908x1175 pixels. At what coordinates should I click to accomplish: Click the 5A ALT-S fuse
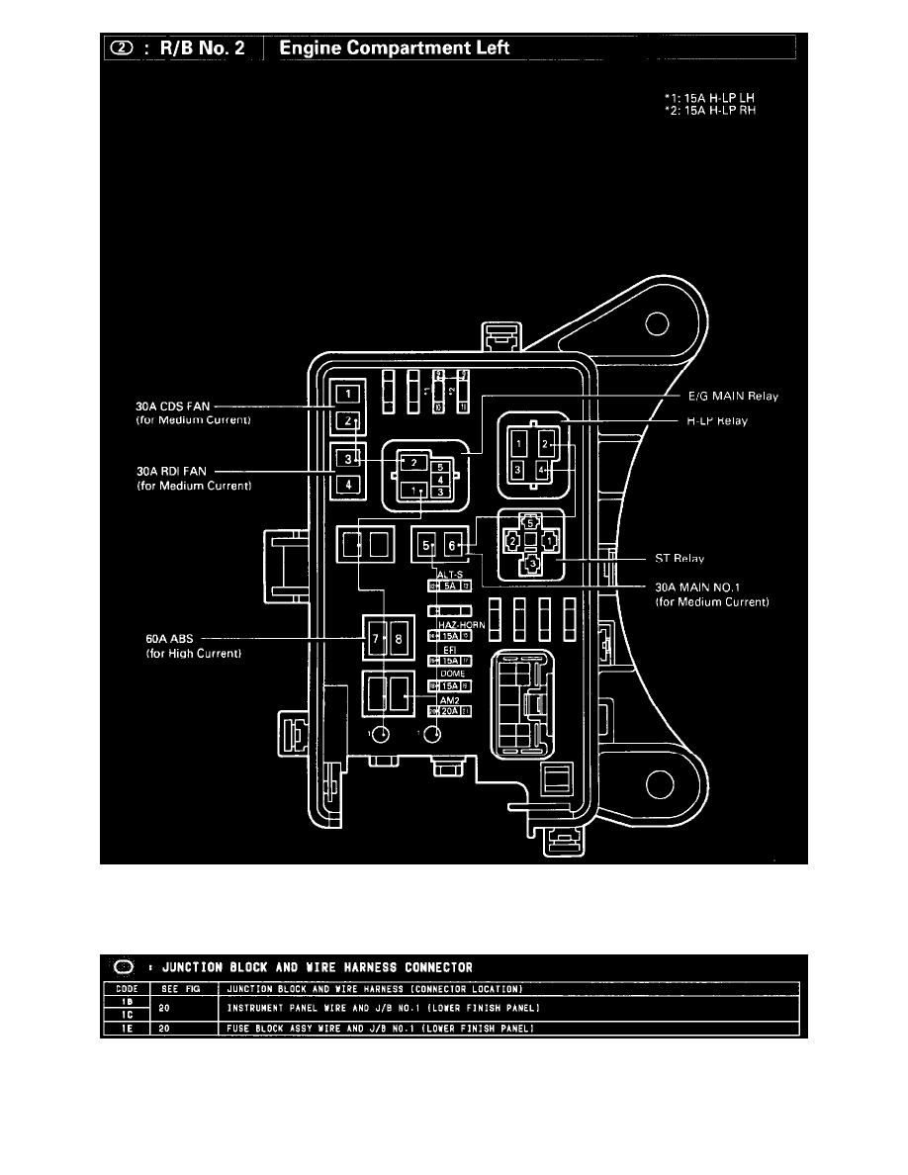coord(449,587)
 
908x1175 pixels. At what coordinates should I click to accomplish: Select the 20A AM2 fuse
coord(449,710)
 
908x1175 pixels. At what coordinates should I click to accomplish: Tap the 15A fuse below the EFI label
coord(449,660)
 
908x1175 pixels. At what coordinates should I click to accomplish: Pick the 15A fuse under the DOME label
coord(449,684)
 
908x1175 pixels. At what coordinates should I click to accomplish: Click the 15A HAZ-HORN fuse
coord(449,635)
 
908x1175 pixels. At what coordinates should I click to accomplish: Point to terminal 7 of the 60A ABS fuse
coord(376,639)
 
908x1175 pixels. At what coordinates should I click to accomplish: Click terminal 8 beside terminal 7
coord(398,639)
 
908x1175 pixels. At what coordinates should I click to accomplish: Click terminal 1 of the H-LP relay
coord(519,448)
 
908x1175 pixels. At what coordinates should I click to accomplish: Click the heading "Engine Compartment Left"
coord(395,47)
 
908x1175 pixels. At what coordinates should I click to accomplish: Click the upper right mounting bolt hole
coord(654,324)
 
